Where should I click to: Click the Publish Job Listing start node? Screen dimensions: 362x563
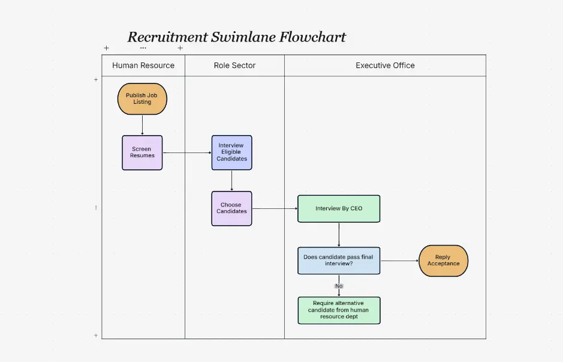pos(142,99)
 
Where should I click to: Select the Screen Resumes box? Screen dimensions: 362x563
pos(142,152)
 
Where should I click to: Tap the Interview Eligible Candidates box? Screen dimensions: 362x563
pos(231,152)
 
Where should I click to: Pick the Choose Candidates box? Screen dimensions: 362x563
pos(231,208)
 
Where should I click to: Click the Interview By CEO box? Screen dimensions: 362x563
pos(339,208)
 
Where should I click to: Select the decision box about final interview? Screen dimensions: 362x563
pos(339,261)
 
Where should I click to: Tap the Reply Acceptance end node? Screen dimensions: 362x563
pos(443,261)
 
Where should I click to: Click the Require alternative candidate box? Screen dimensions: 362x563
pos(339,310)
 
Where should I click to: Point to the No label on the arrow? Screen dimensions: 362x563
pos(339,286)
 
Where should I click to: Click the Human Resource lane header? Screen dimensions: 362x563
pos(143,65)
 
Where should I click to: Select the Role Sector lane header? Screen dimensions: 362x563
pos(234,65)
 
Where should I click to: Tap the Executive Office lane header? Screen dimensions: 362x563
pos(385,65)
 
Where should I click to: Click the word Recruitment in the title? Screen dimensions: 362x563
pos(167,37)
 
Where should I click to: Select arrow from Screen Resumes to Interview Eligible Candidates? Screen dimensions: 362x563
pos(186,152)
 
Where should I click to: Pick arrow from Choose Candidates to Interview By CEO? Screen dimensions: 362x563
pos(275,208)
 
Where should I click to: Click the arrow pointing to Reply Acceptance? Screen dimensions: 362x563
pos(399,261)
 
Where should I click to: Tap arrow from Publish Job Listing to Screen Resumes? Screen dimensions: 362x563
pos(142,125)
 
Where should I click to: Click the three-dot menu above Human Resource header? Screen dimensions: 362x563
pos(143,47)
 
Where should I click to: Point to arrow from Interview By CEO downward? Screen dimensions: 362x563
pos(339,234)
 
